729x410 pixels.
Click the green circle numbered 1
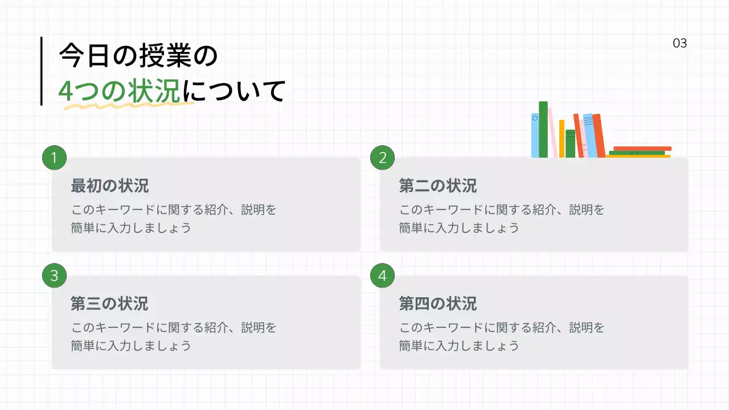coord(55,158)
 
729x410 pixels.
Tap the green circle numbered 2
coord(383,158)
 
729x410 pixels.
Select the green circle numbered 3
coord(55,276)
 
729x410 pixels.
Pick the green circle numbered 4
coord(383,276)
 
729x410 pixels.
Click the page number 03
coord(680,43)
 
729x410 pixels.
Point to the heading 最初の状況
coord(109,186)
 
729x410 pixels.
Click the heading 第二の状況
coord(437,186)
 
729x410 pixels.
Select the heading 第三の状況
coord(109,304)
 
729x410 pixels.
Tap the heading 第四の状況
coord(437,304)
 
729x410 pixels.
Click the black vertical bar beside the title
coord(42,71)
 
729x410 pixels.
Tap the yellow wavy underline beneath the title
coord(125,105)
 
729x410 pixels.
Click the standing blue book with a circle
coord(535,135)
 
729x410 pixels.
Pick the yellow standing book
coord(562,138)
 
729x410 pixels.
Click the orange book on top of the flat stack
coord(642,148)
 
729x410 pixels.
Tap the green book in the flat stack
coord(636,153)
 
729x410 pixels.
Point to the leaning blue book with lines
coord(589,136)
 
